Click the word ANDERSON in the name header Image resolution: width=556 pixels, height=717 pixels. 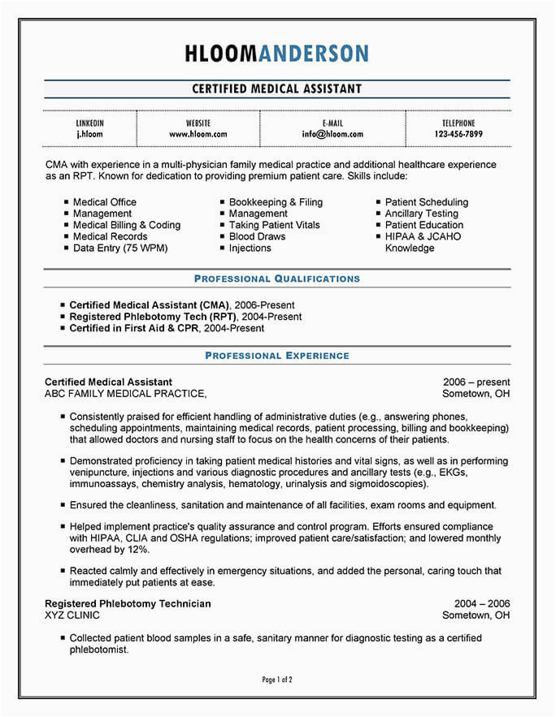click(313, 54)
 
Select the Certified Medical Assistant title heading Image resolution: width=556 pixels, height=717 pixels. click(276, 89)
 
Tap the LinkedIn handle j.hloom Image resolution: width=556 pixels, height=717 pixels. click(89, 134)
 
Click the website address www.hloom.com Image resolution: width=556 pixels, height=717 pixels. click(198, 134)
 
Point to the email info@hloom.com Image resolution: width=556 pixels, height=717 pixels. click(332, 134)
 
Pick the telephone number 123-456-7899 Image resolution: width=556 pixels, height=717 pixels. click(458, 134)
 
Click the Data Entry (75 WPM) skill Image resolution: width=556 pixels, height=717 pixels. click(120, 248)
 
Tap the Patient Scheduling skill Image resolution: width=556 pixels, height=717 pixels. click(427, 202)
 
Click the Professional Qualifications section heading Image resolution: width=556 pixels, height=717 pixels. click(276, 279)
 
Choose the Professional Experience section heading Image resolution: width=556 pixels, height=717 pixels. click(276, 356)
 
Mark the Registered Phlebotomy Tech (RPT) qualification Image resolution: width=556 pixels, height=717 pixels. click(153, 317)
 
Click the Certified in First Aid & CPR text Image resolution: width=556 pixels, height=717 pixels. click(135, 328)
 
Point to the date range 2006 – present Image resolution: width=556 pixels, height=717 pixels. click(476, 382)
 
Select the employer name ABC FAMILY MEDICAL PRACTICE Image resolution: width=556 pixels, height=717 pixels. click(125, 394)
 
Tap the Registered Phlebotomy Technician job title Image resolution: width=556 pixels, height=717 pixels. click(128, 603)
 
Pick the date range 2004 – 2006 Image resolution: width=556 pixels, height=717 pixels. click(482, 603)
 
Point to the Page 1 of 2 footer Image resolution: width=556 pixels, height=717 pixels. click(277, 679)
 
